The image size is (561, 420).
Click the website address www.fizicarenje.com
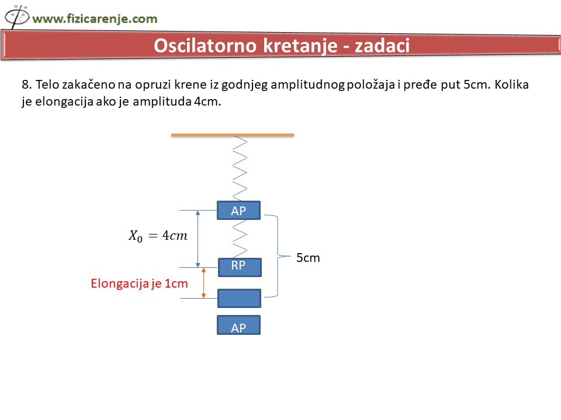(95, 19)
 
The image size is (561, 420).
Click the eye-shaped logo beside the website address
(16, 16)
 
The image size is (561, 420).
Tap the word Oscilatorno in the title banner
(205, 45)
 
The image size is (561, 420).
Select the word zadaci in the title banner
(382, 45)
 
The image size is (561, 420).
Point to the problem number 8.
(26, 85)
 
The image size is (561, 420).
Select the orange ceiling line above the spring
(233, 135)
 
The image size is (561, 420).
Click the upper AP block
(238, 211)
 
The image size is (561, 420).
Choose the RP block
(240, 267)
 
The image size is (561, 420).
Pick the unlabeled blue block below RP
(240, 298)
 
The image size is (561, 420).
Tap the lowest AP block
(238, 325)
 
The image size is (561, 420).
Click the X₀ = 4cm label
(158, 236)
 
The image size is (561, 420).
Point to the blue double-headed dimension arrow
(198, 239)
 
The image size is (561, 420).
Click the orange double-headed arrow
(203, 283)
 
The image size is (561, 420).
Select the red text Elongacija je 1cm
(139, 283)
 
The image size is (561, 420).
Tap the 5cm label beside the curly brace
(308, 257)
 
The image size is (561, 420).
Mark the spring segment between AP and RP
(240, 239)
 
